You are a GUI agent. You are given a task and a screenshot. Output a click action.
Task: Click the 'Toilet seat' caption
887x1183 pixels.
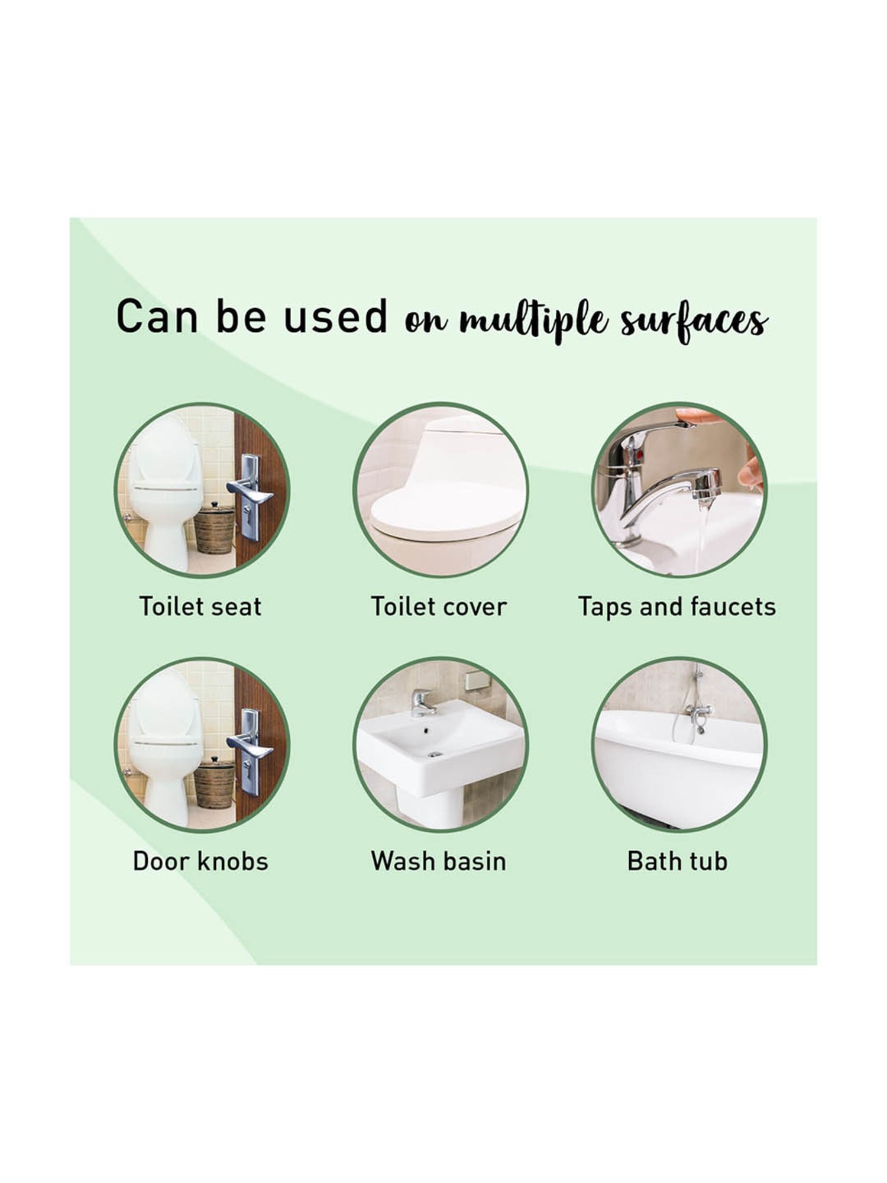[200, 607]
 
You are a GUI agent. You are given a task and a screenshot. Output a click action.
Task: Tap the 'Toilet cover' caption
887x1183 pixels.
[439, 607]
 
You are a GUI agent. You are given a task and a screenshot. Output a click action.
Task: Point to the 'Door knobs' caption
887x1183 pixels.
[200, 861]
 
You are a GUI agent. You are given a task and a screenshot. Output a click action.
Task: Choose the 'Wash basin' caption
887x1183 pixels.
[439, 861]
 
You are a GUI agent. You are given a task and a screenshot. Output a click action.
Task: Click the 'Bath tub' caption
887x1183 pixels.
[677, 861]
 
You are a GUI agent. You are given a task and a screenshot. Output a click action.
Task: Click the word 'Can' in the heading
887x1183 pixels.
[157, 316]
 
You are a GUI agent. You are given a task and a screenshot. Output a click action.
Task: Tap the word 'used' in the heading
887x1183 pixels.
[335, 316]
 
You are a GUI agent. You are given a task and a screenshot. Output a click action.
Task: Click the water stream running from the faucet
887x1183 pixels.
[703, 535]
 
